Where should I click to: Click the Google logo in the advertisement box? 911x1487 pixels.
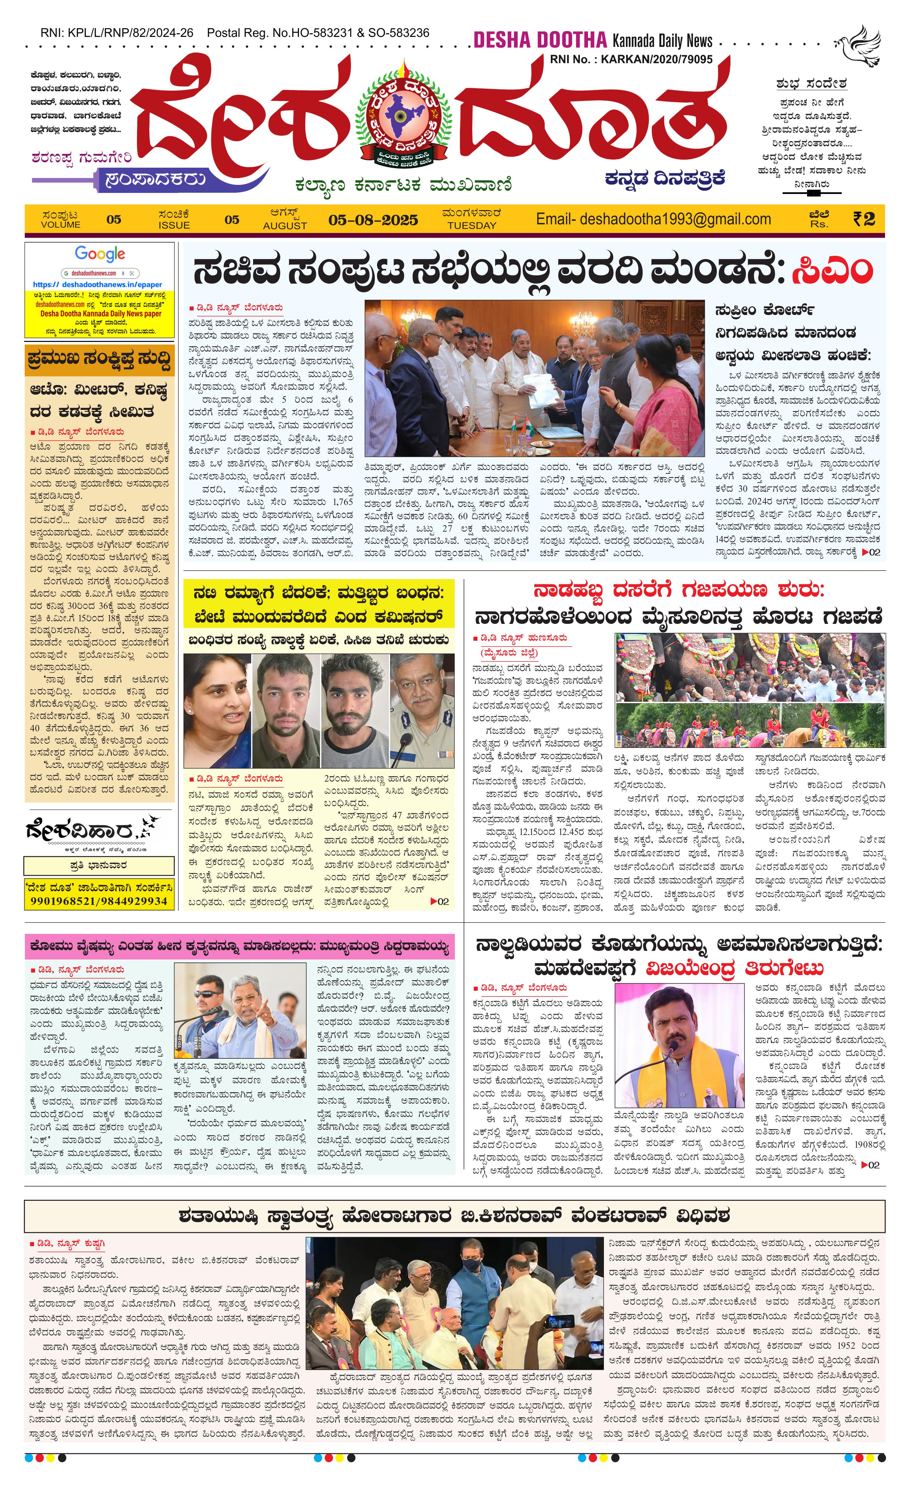pyautogui.click(x=100, y=254)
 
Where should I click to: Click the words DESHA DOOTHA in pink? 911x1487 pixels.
pyautogui.click(x=539, y=40)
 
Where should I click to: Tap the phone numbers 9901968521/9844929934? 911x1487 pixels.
pyautogui.click(x=99, y=901)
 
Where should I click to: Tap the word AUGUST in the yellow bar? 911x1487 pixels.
pyautogui.click(x=285, y=226)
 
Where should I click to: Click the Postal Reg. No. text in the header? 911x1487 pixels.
pyautogui.click(x=318, y=33)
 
